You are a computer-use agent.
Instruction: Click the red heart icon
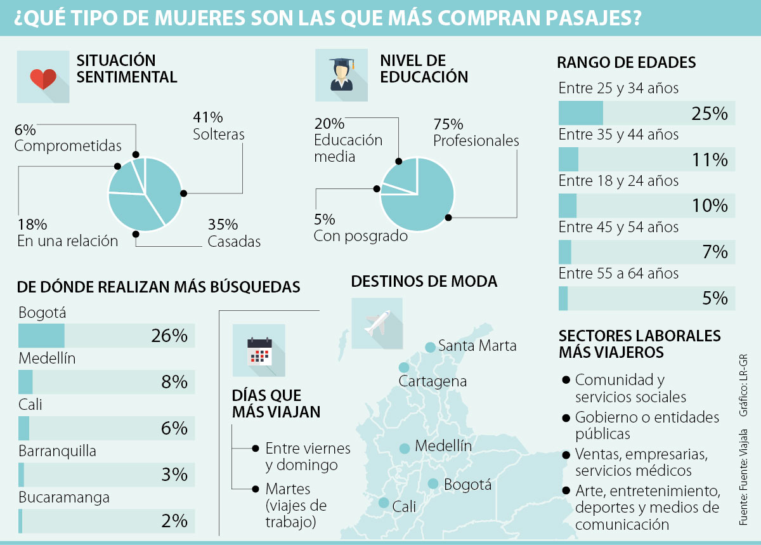[43, 79]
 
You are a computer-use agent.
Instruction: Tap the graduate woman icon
[341, 75]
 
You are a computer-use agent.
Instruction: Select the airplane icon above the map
[377, 323]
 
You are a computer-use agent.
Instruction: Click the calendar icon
[259, 350]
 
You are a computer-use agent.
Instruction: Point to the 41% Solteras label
[219, 126]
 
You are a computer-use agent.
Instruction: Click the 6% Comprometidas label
[67, 138]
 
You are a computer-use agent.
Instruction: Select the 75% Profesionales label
[476, 132]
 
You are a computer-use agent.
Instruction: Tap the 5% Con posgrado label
[360, 228]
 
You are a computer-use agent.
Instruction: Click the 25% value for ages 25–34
[709, 114]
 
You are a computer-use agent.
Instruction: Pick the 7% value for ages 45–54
[715, 252]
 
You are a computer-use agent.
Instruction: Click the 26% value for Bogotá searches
[169, 336]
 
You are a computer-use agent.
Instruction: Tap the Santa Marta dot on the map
[430, 346]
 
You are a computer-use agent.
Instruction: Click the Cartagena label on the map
[433, 381]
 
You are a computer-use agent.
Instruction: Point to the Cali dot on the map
[384, 502]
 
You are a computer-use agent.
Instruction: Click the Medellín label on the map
[443, 446]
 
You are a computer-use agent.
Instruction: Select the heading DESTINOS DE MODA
[424, 281]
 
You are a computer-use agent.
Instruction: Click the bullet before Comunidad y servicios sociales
[565, 380]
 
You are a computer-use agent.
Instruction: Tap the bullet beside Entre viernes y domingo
[256, 448]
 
